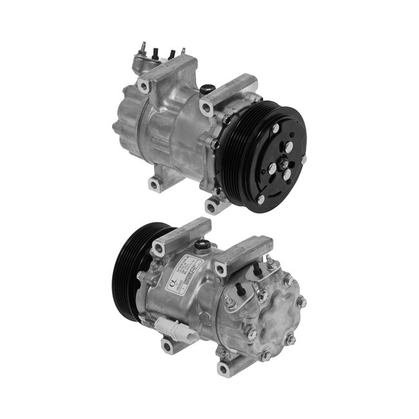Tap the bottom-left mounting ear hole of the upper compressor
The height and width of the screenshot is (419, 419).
pos(153,186)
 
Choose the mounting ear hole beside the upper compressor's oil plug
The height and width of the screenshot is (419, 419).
pos(206,106)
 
